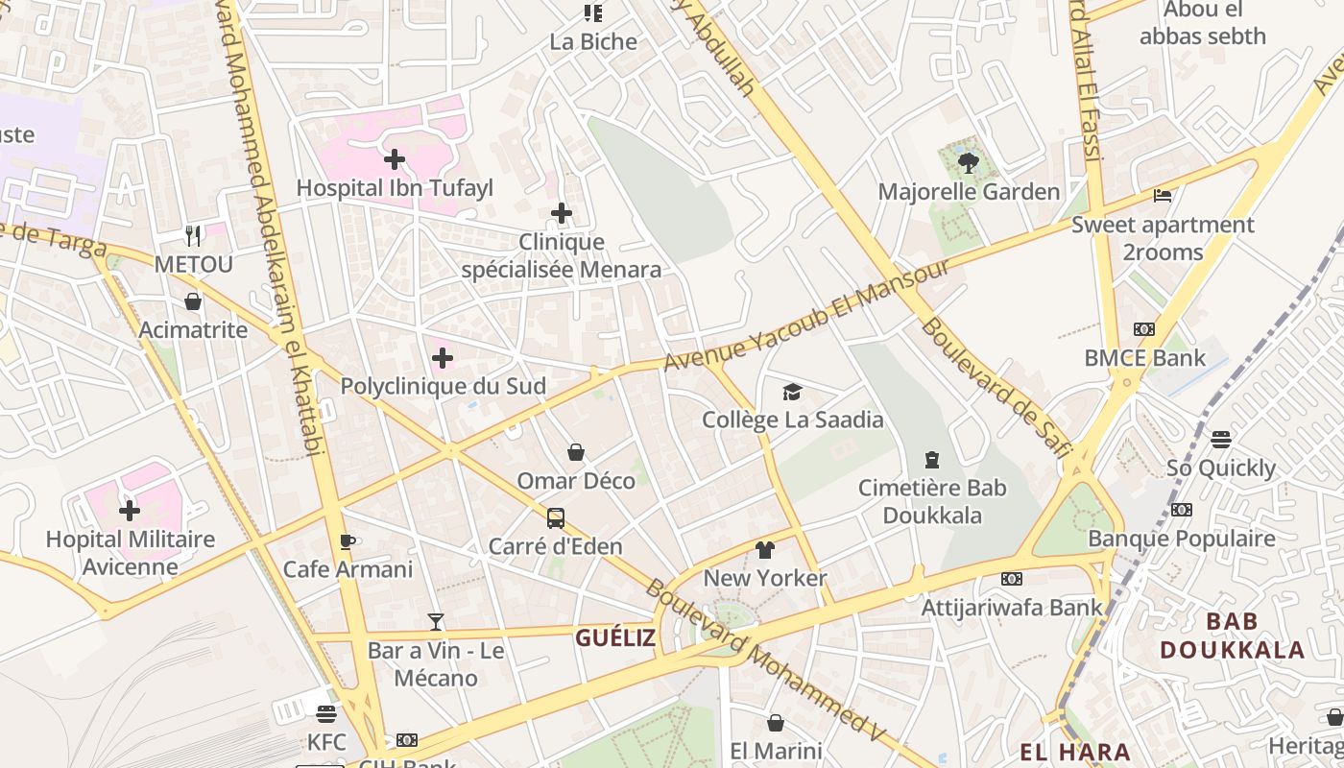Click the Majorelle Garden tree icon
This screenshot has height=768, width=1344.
(x=968, y=162)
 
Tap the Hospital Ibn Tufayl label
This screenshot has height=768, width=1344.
(x=394, y=188)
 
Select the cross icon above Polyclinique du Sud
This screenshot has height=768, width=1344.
(x=443, y=358)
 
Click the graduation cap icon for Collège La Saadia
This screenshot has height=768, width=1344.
(x=792, y=392)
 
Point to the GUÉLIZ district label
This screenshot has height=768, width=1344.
(x=615, y=637)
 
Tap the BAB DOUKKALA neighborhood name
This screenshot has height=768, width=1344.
(x=1232, y=636)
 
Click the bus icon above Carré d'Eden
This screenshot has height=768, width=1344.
(x=556, y=518)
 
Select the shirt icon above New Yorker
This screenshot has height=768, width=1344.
(x=764, y=550)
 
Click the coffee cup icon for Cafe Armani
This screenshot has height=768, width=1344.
(x=348, y=541)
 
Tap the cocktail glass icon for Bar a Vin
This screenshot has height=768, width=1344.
(x=436, y=622)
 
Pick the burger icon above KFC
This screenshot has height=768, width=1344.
(x=326, y=714)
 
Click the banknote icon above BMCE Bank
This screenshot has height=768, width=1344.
(x=1144, y=329)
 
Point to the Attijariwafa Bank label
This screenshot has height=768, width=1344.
(x=1012, y=607)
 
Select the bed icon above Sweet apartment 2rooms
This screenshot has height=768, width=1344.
(x=1163, y=196)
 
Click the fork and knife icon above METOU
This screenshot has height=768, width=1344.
(x=194, y=235)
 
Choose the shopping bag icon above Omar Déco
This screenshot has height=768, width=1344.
(x=576, y=452)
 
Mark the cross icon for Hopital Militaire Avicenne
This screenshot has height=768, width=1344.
(x=130, y=510)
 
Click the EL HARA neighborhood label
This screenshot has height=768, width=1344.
(x=1074, y=752)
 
